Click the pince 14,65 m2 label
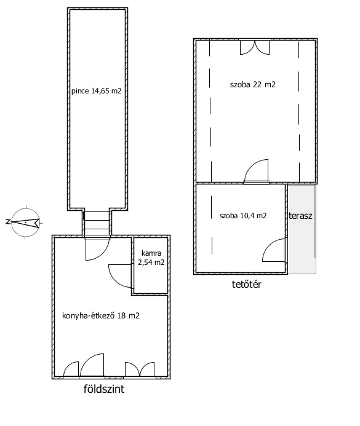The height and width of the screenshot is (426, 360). (x=96, y=91)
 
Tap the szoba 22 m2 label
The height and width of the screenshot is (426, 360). (x=252, y=84)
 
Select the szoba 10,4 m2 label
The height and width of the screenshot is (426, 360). (x=243, y=216)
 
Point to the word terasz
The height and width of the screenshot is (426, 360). (x=300, y=216)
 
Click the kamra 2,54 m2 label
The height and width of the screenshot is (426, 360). (x=151, y=258)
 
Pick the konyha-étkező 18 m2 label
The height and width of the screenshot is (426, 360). (x=101, y=316)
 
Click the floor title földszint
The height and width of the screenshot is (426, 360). (x=104, y=389)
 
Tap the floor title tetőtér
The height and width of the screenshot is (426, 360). (x=247, y=284)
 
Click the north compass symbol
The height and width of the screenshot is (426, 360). (x=26, y=223)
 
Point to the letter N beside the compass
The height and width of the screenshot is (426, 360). (x=7, y=222)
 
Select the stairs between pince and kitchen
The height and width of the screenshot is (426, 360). (x=97, y=223)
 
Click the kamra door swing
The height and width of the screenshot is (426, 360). (x=120, y=276)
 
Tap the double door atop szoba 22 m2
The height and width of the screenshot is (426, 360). (x=255, y=47)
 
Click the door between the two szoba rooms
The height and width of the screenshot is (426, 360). (x=256, y=171)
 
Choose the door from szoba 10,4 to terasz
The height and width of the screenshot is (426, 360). (x=274, y=250)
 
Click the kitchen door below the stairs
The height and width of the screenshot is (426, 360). (x=98, y=249)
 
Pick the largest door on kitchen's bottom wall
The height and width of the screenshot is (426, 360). (x=92, y=365)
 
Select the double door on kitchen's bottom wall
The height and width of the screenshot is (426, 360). (x=140, y=369)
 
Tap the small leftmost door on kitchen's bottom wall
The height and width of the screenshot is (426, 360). (x=71, y=370)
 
